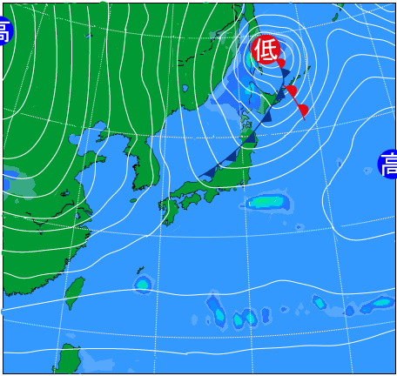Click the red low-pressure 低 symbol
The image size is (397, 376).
point(265,50)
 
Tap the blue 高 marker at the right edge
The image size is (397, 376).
point(388,164)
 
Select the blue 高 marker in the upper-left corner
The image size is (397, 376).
point(4,33)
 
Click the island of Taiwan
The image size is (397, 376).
point(76,292)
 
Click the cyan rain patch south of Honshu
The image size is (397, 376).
point(266,203)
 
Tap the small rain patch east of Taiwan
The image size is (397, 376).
point(142,283)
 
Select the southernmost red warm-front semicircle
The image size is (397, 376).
point(302,110)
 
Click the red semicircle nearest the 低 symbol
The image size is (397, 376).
point(280,64)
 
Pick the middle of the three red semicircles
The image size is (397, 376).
point(292,91)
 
